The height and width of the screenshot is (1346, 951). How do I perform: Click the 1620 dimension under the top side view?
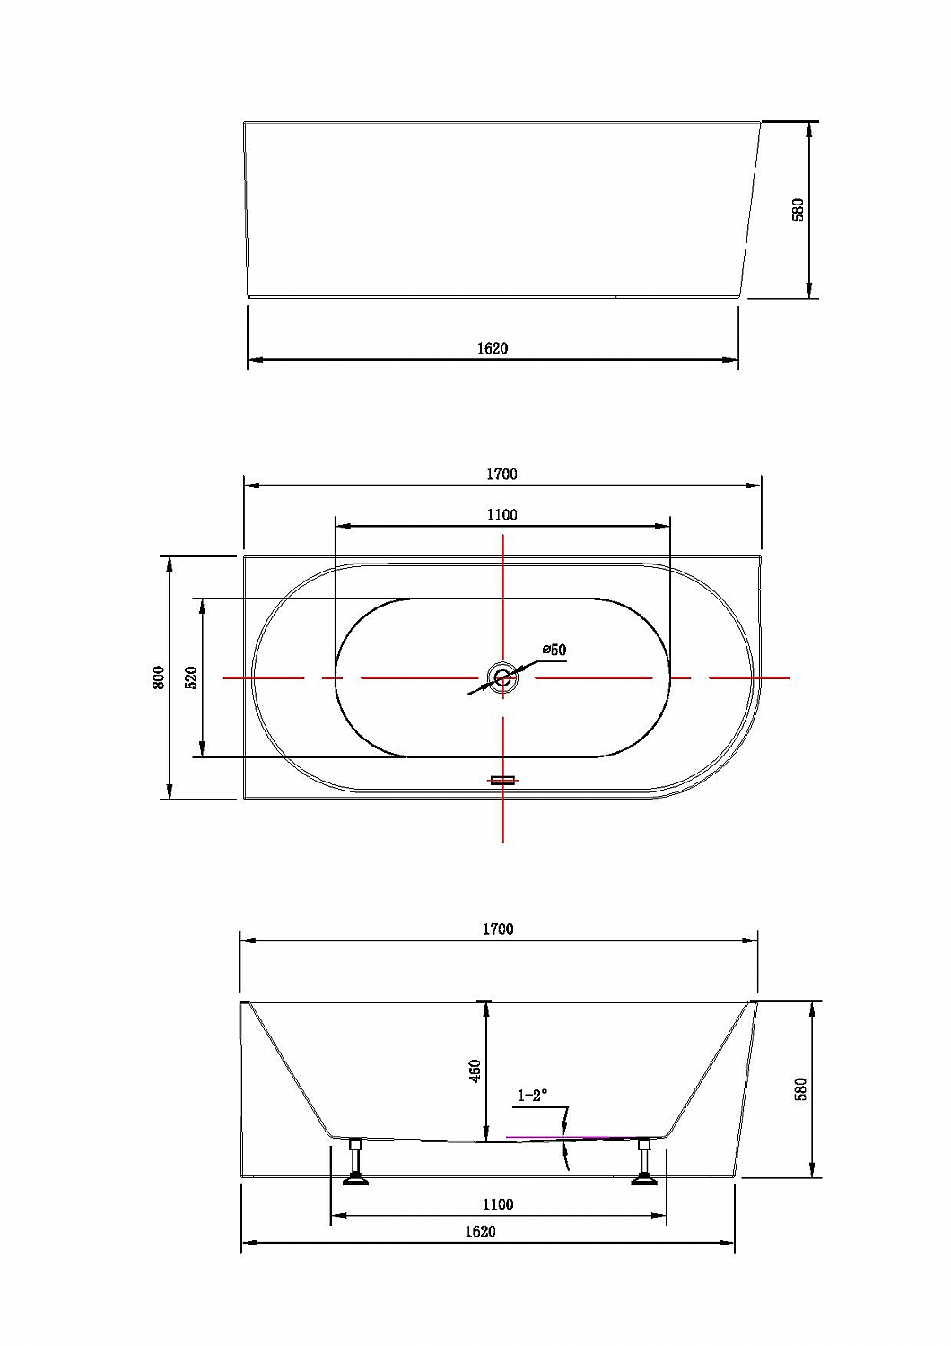(492, 348)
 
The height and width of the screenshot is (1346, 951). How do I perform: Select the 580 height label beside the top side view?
(798, 209)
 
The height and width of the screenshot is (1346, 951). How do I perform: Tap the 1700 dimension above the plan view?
(502, 474)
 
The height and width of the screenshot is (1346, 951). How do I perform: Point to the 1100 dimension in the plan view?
(502, 515)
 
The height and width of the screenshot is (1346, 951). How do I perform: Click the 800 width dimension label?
(159, 677)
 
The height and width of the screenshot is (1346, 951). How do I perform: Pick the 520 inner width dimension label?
(192, 677)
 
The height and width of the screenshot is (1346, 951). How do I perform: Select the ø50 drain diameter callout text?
(554, 650)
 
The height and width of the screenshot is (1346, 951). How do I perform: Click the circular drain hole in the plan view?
(502, 677)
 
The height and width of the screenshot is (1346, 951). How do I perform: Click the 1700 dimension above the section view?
(498, 929)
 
